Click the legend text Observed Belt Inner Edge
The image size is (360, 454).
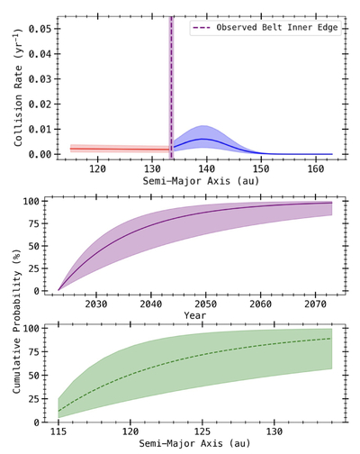pyautogui.click(x=274, y=28)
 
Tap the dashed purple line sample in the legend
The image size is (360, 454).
pyautogui.click(x=202, y=28)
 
